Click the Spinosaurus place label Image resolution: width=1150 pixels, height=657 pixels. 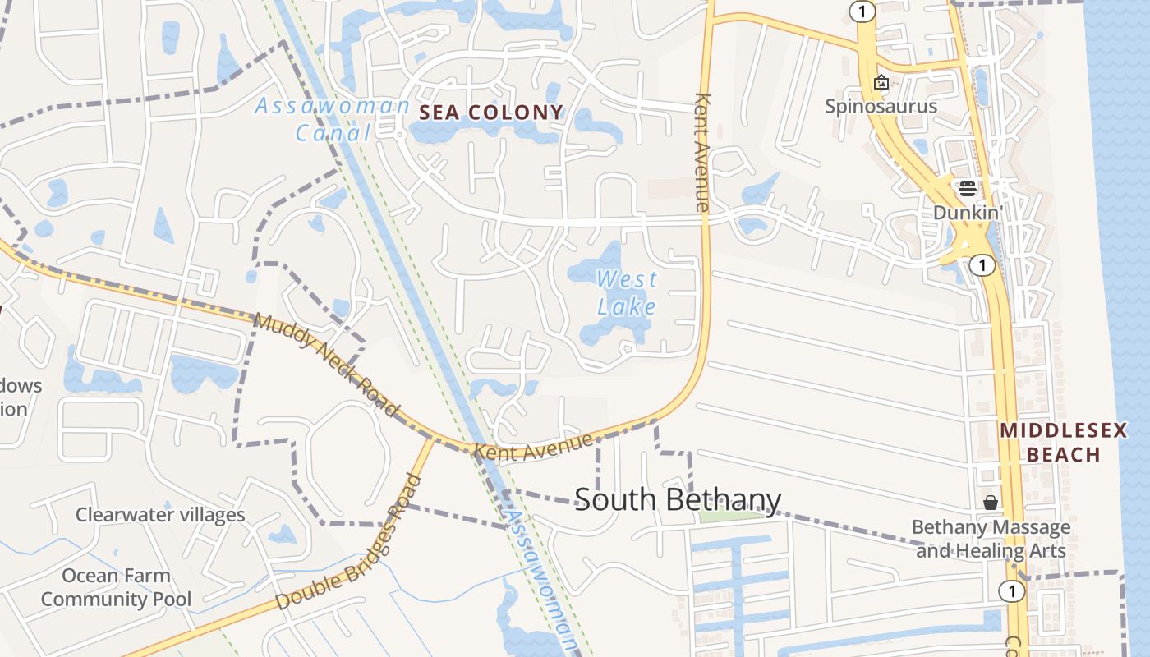[881, 107]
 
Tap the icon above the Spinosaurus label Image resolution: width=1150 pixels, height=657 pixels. [881, 82]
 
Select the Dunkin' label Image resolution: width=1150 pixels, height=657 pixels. [968, 213]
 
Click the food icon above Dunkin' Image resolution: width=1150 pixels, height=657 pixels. [967, 189]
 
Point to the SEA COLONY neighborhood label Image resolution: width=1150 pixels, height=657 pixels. [491, 113]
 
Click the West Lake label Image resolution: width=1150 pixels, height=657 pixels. [627, 293]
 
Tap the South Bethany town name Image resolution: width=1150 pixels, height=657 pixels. [678, 499]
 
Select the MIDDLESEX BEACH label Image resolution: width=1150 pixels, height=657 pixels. [1063, 443]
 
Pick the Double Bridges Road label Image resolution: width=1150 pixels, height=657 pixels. [349, 543]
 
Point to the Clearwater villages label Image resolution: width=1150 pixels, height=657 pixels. [160, 515]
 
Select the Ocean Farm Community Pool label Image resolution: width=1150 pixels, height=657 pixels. [116, 587]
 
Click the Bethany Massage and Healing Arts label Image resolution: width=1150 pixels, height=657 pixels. [991, 539]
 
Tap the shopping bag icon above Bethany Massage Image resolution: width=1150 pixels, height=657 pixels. [991, 503]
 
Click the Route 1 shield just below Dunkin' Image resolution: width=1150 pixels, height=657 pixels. [982, 264]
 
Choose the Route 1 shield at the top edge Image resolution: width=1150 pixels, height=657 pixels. [862, 11]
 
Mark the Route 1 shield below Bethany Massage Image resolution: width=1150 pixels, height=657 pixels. [1012, 590]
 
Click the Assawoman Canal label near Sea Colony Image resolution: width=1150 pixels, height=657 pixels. [332, 118]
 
